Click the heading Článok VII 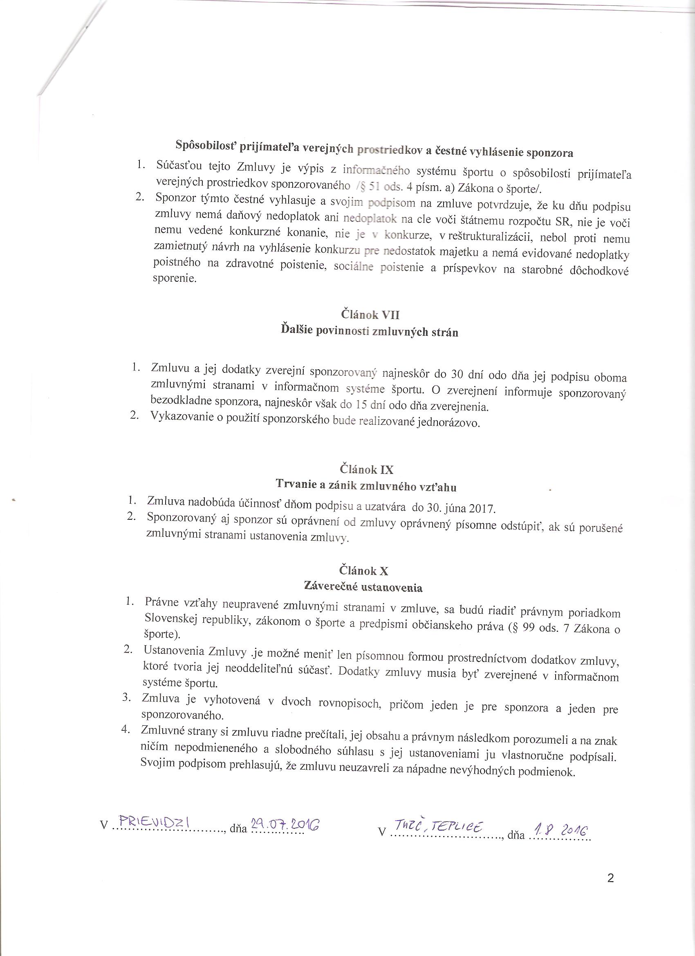(370, 314)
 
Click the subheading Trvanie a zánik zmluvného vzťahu (366, 486)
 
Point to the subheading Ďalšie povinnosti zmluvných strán (369, 331)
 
